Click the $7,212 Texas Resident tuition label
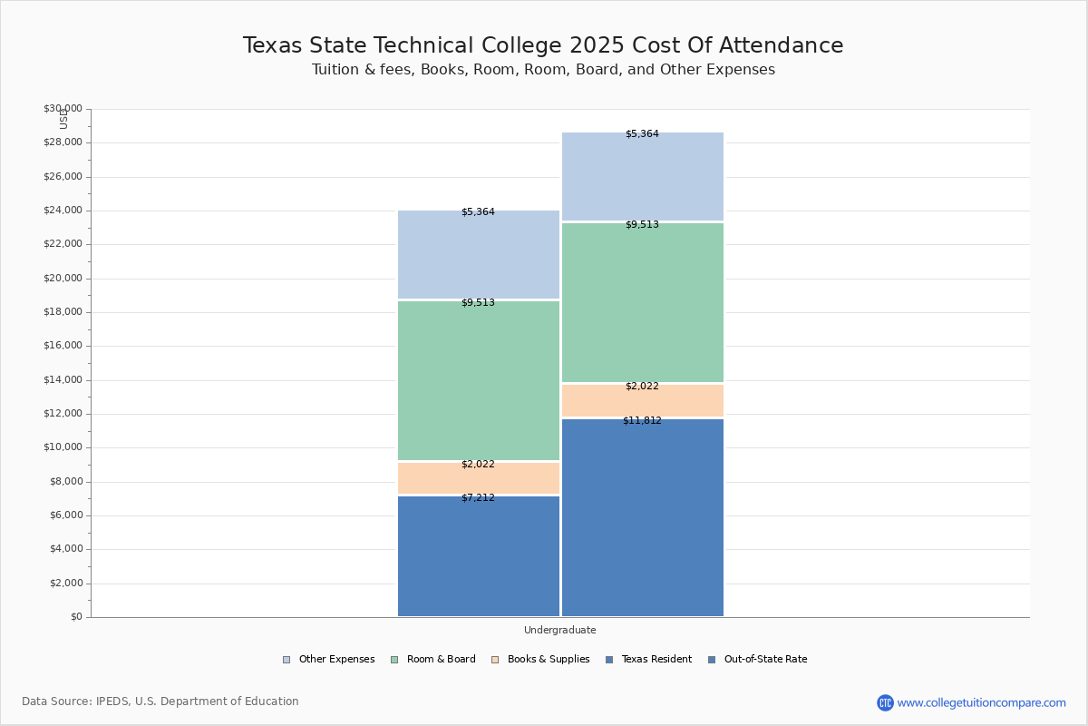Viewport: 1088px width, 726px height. point(478,497)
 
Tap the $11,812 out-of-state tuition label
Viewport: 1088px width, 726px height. point(642,420)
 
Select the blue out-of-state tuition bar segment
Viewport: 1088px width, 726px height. point(642,517)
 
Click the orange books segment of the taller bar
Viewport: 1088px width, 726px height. point(642,401)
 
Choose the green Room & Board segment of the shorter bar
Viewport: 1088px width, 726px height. point(478,380)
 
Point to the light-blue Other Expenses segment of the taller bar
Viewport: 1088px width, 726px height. point(642,177)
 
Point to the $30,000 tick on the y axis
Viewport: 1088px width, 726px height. point(63,109)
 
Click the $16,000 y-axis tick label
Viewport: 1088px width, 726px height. point(63,346)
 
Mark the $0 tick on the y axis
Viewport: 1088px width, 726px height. point(75,617)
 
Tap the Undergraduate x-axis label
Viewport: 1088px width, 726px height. point(559,630)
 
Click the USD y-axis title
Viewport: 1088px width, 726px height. point(63,119)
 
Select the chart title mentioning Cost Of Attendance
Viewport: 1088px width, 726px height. point(543,45)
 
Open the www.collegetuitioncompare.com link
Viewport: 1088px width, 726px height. point(981,702)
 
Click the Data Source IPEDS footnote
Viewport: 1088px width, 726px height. point(160,701)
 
